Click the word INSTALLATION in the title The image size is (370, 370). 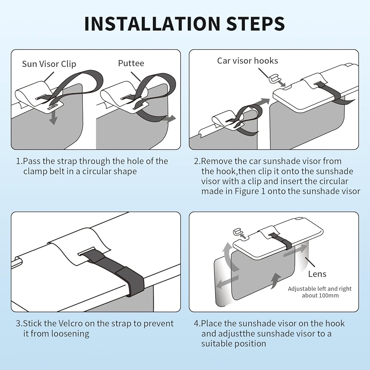click(x=152, y=24)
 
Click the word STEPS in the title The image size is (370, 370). click(x=255, y=24)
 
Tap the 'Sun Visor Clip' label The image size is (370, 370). click(x=49, y=64)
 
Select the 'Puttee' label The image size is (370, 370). click(x=131, y=63)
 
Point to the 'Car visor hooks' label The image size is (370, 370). click(x=248, y=61)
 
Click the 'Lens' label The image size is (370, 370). click(x=317, y=274)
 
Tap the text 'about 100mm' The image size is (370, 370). click(x=320, y=295)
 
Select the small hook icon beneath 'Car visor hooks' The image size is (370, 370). click(x=274, y=79)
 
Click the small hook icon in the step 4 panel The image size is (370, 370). click(x=237, y=232)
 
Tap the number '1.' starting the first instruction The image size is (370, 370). click(x=19, y=161)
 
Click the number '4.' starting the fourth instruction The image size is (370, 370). click(x=197, y=323)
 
